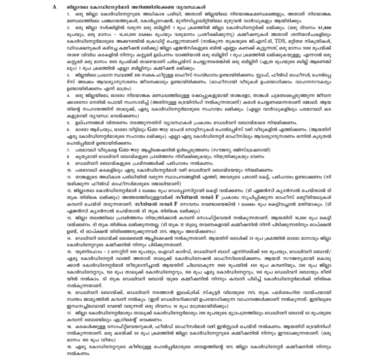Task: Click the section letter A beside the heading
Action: pos(54,7)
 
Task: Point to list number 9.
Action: pos(68,163)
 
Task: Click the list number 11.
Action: pos(69,177)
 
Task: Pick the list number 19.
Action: pos(69,347)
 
